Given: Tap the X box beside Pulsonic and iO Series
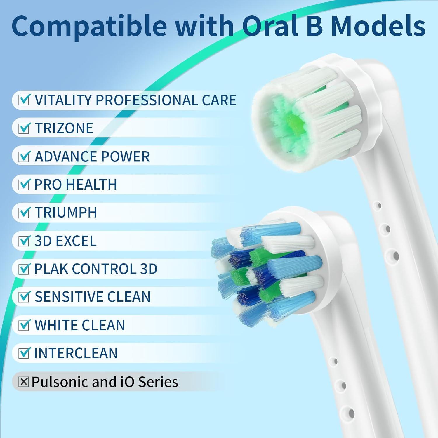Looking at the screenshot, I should click(23, 382).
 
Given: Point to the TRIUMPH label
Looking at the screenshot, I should click(66, 213).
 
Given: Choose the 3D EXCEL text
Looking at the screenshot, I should click(65, 241).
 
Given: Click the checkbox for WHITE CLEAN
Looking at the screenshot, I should click(24, 325).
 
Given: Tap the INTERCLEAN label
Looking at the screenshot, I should click(76, 353).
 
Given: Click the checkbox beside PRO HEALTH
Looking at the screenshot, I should click(24, 185).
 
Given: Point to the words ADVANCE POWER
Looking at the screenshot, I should click(92, 157).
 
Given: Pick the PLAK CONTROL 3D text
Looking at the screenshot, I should click(96, 269).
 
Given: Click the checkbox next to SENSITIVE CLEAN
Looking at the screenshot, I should click(24, 297).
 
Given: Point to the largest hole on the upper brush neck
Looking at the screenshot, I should click(395, 256).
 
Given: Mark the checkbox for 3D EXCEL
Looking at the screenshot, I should click(24, 241).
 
